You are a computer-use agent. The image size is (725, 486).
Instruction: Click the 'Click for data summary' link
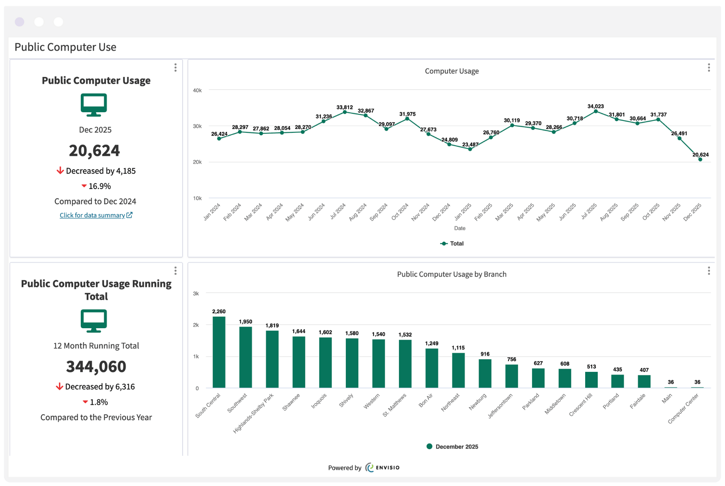[96, 215]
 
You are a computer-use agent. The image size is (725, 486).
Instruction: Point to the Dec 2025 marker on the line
[700, 159]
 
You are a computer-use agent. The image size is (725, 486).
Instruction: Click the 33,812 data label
[344, 107]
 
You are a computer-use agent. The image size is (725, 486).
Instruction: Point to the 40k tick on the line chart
[197, 90]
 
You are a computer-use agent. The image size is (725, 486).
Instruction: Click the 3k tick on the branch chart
[196, 294]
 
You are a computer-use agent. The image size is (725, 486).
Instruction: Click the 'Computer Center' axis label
[683, 409]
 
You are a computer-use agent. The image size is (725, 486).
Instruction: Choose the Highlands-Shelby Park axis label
[253, 413]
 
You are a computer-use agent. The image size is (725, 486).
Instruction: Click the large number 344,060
[96, 367]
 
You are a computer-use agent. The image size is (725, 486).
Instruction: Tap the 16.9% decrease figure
[96, 186]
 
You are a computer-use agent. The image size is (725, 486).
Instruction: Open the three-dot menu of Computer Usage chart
[709, 68]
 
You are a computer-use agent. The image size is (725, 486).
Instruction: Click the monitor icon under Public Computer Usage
[94, 105]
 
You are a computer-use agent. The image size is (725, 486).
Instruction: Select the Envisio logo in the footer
[382, 468]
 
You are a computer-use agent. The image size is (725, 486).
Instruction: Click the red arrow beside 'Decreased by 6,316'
[59, 387]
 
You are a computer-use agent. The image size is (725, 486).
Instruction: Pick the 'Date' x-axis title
[460, 228]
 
